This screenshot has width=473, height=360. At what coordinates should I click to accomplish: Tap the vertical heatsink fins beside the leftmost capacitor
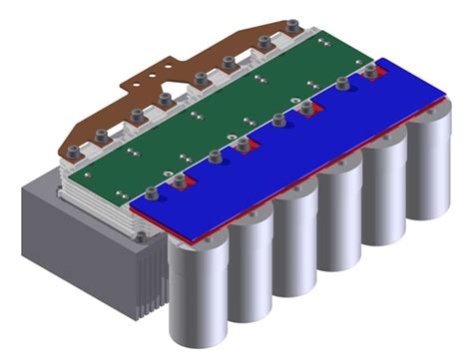(x=150, y=279)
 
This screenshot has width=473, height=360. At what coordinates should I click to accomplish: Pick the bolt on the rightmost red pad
(x=371, y=70)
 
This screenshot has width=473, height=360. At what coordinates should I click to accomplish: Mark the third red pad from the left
(x=306, y=108)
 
